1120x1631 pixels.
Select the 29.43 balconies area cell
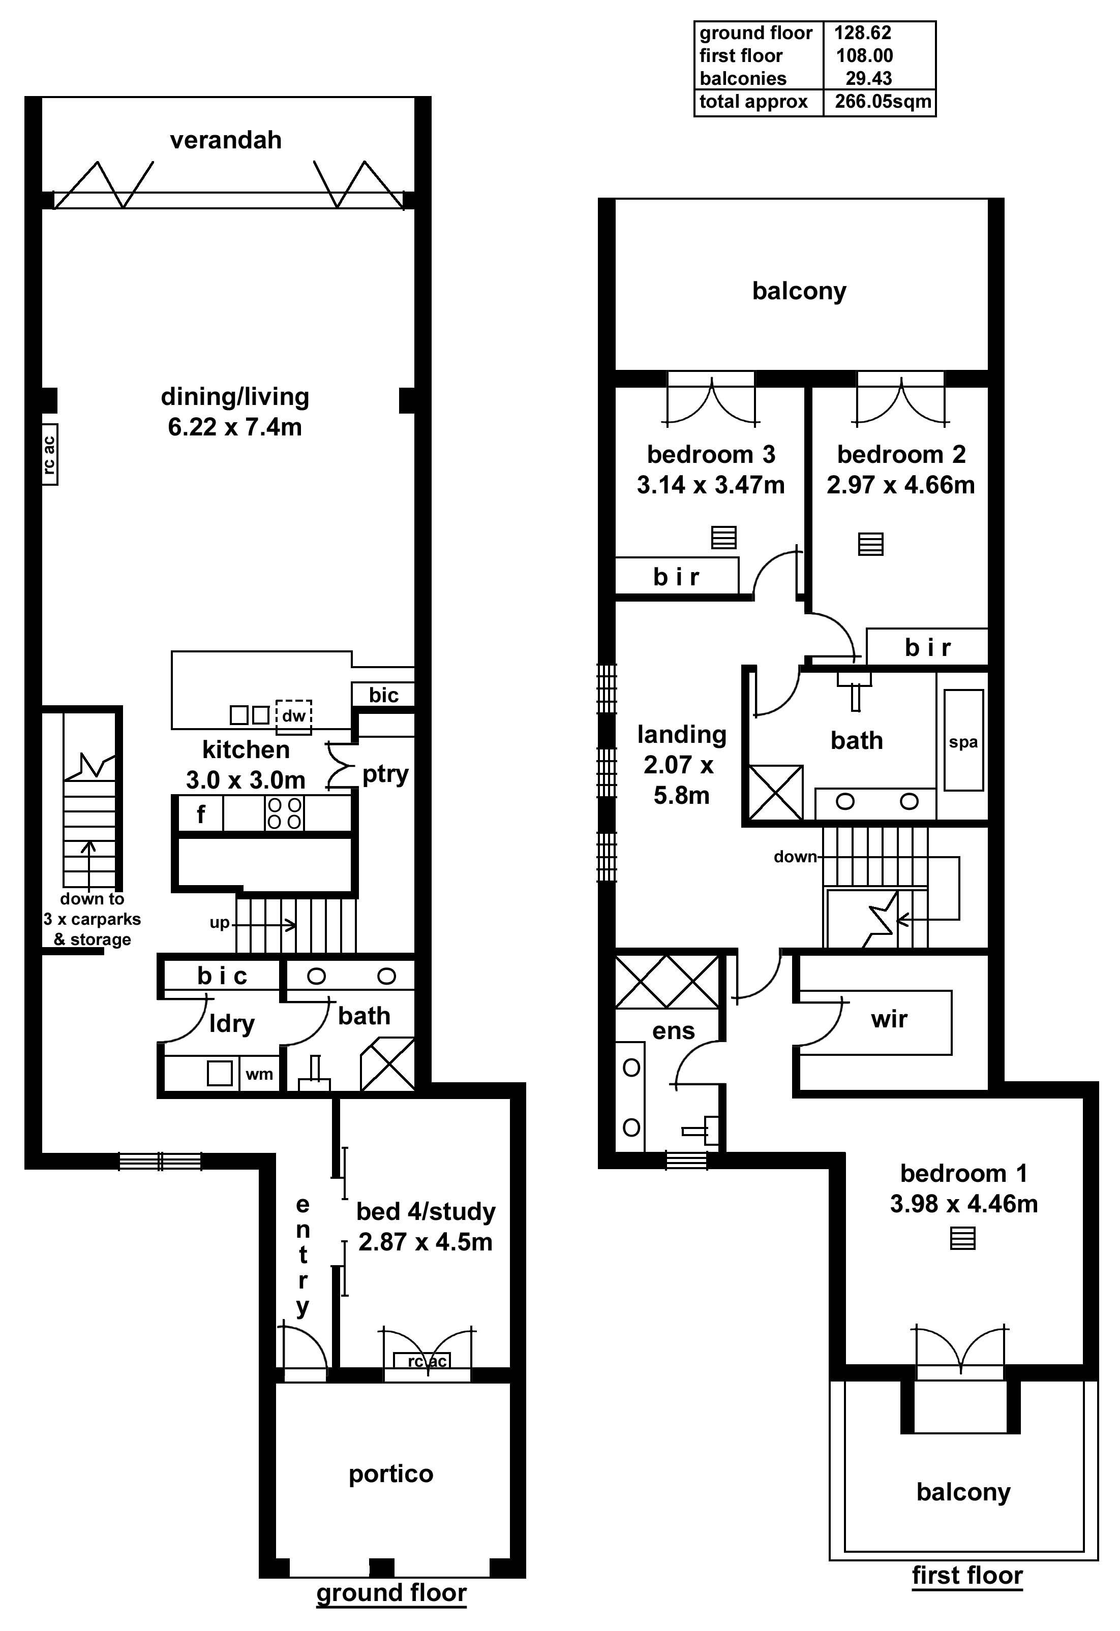(x=869, y=79)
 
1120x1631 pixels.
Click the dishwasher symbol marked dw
(x=293, y=716)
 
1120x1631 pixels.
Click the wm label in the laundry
(x=259, y=1075)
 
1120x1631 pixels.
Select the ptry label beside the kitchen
(x=385, y=774)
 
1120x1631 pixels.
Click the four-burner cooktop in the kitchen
(x=284, y=812)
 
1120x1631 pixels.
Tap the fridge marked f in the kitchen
(x=201, y=814)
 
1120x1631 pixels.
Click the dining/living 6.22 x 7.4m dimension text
(x=234, y=427)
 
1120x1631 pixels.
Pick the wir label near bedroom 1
(x=889, y=1019)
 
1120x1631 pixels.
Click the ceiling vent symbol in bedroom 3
(x=724, y=538)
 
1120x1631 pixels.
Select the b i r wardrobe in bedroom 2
(x=927, y=647)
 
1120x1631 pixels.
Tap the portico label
(x=390, y=1475)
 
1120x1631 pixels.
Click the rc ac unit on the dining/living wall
(x=49, y=454)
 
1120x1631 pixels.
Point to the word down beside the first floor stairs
(x=795, y=857)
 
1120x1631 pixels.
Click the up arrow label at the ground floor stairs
(x=220, y=924)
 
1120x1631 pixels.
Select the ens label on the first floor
(x=673, y=1031)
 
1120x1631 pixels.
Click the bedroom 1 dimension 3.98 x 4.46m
(x=963, y=1204)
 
